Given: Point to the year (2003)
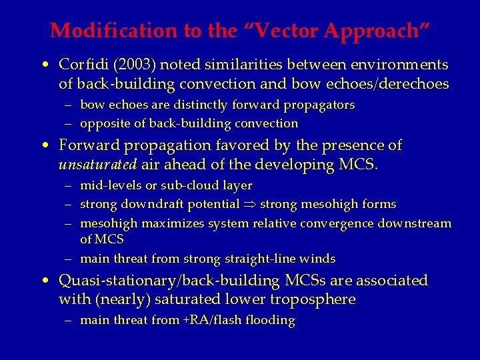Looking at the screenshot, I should click(x=129, y=65).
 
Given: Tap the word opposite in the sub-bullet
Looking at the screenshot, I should click(x=102, y=123).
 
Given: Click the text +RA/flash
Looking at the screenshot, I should click(x=207, y=320).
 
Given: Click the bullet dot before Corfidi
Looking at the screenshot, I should click(x=43, y=66).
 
